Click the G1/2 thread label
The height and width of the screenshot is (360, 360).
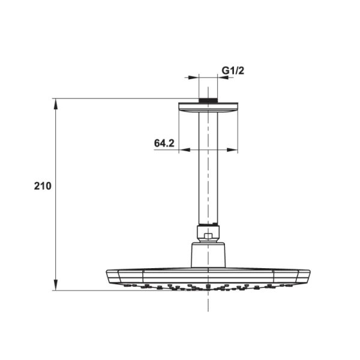[233, 70]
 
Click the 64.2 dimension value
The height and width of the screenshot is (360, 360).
[164, 143]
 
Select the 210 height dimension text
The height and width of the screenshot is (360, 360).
[43, 186]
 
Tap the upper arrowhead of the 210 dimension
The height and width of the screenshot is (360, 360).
[56, 104]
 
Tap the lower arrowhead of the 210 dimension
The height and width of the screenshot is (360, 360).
[56, 284]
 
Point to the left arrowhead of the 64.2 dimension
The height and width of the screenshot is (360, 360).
[185, 150]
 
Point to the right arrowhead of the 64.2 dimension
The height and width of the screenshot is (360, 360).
[232, 150]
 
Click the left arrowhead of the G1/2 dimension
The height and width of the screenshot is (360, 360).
[193, 77]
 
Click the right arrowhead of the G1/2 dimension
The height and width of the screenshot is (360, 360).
[223, 77]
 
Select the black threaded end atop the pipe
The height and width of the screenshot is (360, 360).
[208, 100]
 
